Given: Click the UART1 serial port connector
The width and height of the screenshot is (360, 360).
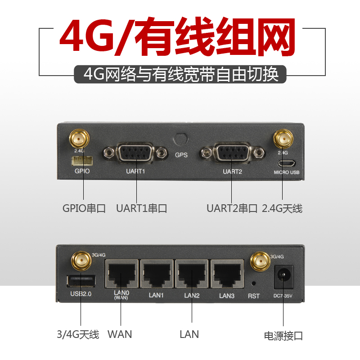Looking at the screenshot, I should coord(133,153).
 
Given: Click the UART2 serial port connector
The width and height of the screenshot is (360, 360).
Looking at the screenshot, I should coord(232,153).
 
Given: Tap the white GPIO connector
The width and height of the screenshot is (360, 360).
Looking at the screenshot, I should coord(81,161).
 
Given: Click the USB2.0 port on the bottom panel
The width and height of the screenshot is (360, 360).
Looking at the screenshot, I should coord(81,281).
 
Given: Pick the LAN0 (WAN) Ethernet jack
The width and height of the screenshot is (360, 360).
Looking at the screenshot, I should coord(121,274).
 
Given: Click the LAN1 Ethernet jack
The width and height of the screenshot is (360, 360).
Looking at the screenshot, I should coord(156,274).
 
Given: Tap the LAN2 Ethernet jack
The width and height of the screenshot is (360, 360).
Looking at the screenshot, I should coord(192,274).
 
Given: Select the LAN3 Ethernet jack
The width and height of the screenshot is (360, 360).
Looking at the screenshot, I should coord(227,274).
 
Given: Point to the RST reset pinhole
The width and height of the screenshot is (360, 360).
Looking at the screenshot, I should coord(254,283).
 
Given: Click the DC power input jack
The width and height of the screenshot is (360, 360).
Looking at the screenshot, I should coord(284,275).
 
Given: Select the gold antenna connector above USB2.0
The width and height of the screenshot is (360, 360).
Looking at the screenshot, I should coord(81,260).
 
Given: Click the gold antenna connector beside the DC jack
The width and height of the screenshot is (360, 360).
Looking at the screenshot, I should coord(259,261).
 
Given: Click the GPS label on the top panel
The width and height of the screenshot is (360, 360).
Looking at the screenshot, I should coord(181,154).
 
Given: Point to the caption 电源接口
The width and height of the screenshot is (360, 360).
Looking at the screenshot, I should coord(283,336).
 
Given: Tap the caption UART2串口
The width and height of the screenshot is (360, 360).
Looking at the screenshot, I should coord(232,209).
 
